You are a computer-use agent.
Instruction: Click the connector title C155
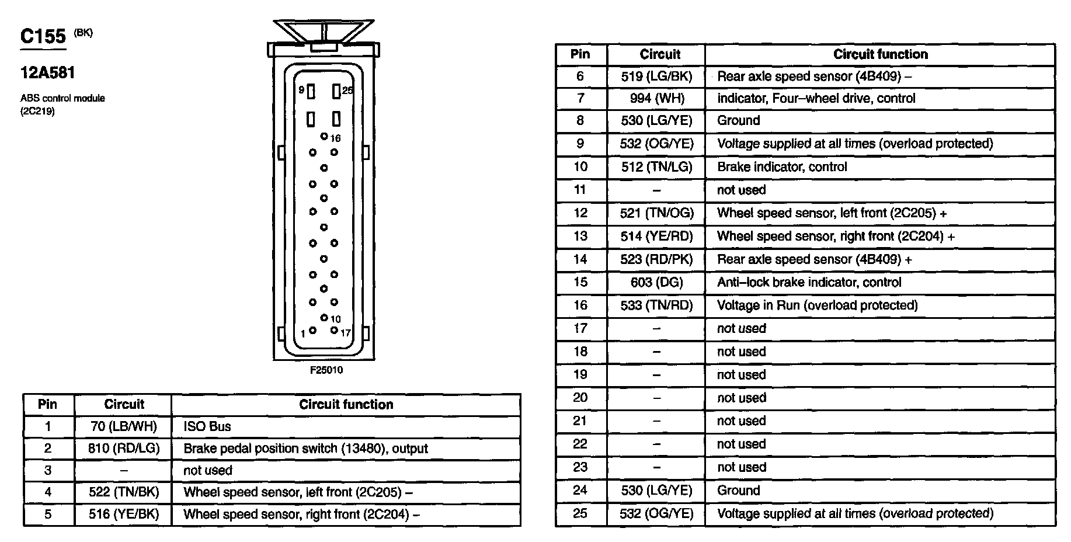43,37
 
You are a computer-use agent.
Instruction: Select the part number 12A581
48,73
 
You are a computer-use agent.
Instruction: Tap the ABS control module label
62,98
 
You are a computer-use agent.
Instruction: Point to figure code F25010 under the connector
326,370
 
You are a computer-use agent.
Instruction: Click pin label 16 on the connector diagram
335,138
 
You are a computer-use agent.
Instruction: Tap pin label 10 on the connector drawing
335,319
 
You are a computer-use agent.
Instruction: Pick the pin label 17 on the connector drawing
346,333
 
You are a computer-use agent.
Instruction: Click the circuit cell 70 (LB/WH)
123,426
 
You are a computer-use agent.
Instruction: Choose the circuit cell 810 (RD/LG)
123,449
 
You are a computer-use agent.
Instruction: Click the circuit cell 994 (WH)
657,98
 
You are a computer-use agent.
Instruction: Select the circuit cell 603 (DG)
657,283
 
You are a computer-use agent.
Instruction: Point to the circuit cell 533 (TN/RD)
657,305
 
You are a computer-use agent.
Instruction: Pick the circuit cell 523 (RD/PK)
657,259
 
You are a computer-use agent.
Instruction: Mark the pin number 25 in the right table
580,513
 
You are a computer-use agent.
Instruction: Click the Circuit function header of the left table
346,404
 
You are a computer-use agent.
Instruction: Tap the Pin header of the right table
580,54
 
